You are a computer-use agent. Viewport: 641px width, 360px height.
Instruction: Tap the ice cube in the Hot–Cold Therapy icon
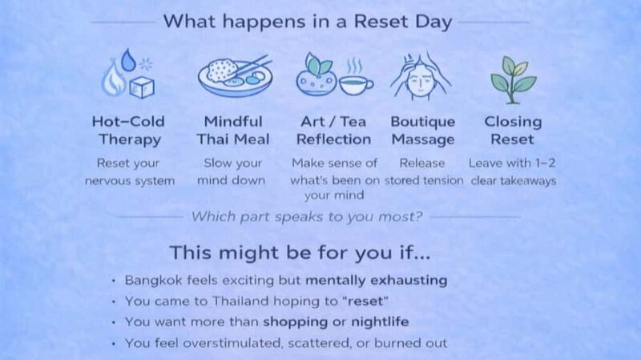pos(143,85)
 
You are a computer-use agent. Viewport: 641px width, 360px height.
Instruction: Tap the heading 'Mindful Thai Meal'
pos(233,131)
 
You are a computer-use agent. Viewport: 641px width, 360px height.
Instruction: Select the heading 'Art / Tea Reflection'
pos(334,131)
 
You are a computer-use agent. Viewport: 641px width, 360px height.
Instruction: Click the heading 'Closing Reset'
pos(513,131)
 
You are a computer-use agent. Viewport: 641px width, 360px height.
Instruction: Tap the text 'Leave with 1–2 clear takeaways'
pos(513,172)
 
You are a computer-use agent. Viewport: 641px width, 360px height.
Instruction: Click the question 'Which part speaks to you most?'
pos(308,216)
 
